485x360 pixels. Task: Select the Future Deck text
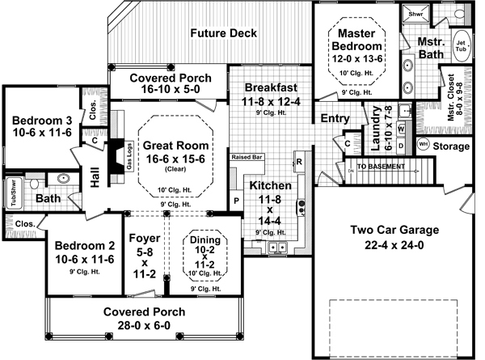(x=223, y=33)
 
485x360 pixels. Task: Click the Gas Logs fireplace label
(x=129, y=151)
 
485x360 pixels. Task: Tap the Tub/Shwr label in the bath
(x=14, y=193)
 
